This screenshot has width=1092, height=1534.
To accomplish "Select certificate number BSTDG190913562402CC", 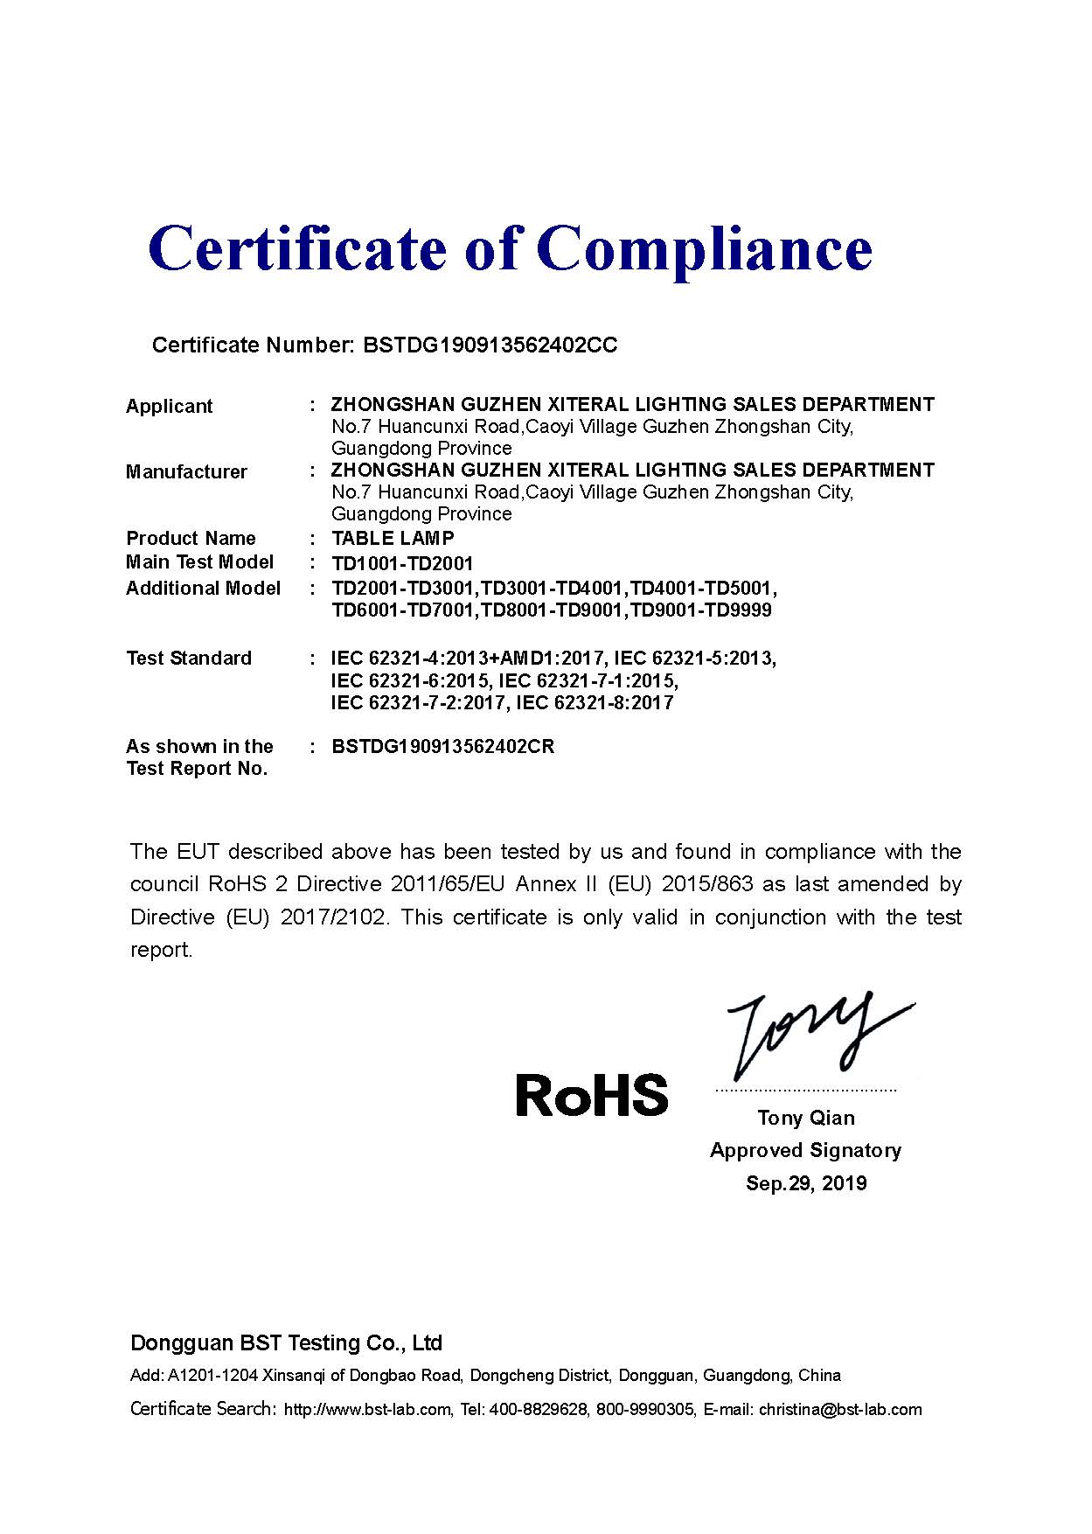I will [490, 345].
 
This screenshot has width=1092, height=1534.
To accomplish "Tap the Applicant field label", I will [169, 407].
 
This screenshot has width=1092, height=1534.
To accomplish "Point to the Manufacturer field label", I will [186, 472].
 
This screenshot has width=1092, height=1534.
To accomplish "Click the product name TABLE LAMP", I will [393, 539].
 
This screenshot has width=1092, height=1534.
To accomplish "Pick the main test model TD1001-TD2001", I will [402, 564].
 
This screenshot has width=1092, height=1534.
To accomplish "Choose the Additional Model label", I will [203, 589].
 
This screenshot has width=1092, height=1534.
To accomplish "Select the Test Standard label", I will [188, 659].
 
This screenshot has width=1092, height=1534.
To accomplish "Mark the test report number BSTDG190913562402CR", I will [443, 747].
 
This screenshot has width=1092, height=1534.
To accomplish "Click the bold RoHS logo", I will [591, 1096].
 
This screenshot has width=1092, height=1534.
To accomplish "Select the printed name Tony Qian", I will [806, 1118].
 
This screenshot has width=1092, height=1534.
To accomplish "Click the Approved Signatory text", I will [805, 1151].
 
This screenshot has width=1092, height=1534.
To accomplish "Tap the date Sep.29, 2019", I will [806, 1184].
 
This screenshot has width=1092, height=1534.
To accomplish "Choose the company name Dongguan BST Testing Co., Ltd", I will [286, 1343].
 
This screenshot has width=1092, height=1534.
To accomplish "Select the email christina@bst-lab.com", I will [840, 1410].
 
